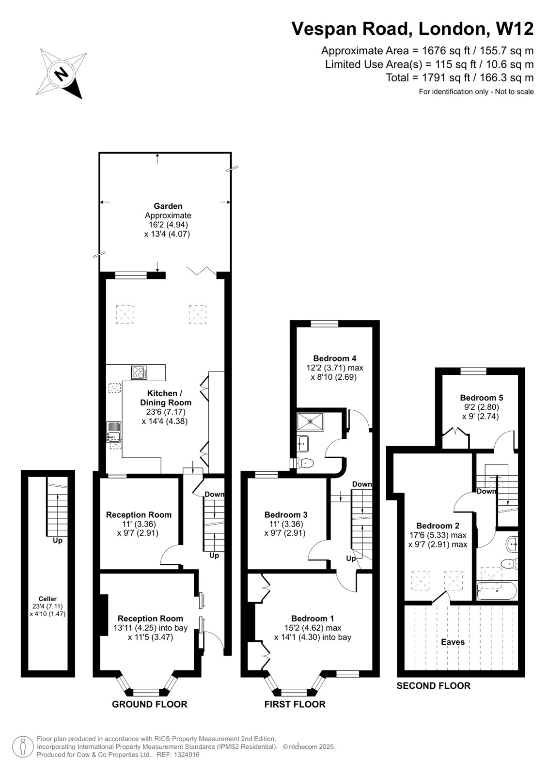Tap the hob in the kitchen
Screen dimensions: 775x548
tap(139, 372)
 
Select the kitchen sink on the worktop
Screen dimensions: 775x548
tap(114, 431)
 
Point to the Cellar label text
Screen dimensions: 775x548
tap(47, 599)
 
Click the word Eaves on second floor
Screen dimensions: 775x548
tap(453, 642)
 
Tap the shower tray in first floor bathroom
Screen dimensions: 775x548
tap(310, 421)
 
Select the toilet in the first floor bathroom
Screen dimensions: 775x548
tap(305, 463)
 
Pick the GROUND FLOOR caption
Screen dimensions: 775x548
tap(149, 704)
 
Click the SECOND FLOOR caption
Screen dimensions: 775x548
tap(433, 685)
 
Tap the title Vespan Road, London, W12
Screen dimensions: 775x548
tap(412, 29)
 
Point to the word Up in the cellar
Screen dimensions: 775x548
tap(57, 540)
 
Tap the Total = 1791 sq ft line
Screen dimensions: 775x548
tap(459, 77)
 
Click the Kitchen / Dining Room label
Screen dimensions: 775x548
tap(165, 398)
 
